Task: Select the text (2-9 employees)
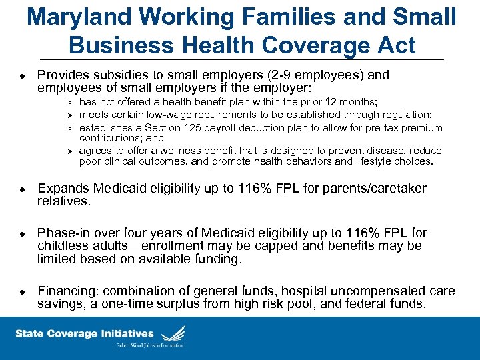(x=289, y=75)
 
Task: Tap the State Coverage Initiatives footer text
(x=84, y=333)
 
